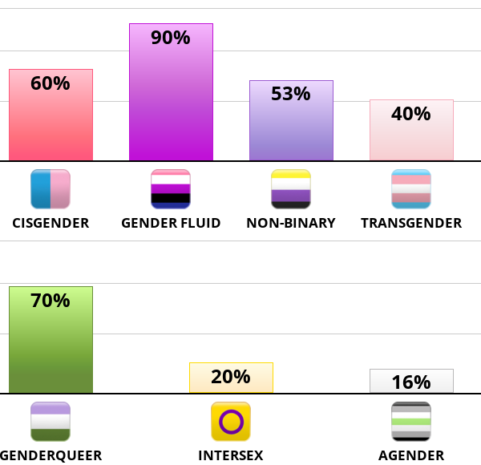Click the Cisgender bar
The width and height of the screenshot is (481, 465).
pyautogui.click(x=51, y=120)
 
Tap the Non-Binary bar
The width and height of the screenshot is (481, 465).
pyautogui.click(x=291, y=128)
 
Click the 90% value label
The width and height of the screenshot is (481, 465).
pyautogui.click(x=171, y=37)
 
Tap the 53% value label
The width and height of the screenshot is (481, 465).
pyautogui.click(x=291, y=94)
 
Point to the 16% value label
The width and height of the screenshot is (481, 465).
pyautogui.click(x=411, y=382)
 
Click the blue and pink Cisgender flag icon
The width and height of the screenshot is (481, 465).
pyautogui.click(x=51, y=189)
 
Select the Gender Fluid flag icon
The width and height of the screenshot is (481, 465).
pyautogui.click(x=171, y=189)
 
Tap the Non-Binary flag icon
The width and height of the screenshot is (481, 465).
pyautogui.click(x=291, y=189)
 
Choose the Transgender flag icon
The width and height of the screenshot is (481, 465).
pyautogui.click(x=411, y=189)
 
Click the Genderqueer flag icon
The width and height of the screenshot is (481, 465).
pyautogui.click(x=51, y=422)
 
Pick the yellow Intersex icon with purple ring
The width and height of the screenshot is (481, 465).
pyautogui.click(x=231, y=422)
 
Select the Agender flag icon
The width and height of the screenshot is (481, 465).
pyautogui.click(x=411, y=422)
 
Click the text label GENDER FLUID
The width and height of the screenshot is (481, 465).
pyautogui.click(x=171, y=223)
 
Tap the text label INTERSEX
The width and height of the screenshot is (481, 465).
pyautogui.click(x=231, y=455)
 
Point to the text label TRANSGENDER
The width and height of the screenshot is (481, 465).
pyautogui.click(x=411, y=223)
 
